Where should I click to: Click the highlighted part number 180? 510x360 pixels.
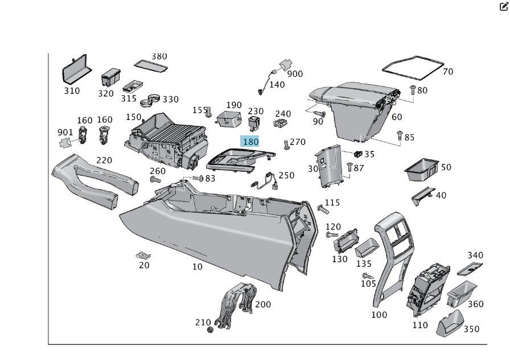(x=250, y=142)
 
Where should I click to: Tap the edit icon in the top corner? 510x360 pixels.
(x=503, y=7)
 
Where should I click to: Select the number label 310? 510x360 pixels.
(x=72, y=91)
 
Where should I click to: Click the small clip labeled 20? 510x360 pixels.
(x=143, y=255)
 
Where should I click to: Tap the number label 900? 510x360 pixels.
(x=295, y=74)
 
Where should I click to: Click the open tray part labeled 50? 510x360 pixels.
(x=421, y=168)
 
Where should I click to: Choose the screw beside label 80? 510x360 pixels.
(x=413, y=90)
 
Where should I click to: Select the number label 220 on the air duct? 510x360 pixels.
(x=104, y=160)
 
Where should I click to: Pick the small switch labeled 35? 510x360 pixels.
(x=358, y=154)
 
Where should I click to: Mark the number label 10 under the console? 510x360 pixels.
(x=197, y=267)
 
